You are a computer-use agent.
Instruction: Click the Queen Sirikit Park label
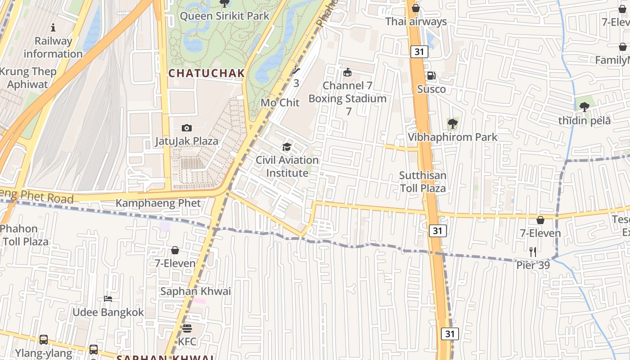coord(224,16)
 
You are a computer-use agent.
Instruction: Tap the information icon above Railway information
coord(53,28)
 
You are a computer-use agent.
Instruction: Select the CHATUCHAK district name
coord(207,73)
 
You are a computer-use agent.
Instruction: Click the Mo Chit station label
coord(280,103)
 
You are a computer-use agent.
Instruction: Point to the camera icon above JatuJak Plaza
coord(186,128)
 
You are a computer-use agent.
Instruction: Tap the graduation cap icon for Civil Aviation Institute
coord(287,147)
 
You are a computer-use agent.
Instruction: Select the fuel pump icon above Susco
coord(431,76)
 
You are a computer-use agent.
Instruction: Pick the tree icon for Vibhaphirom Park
coord(452,124)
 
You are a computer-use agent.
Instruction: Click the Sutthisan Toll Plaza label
coord(423,182)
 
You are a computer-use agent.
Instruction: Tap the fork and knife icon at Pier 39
coord(533,252)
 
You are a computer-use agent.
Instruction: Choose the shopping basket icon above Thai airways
coord(416,9)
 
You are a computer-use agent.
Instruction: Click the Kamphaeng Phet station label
coord(158,203)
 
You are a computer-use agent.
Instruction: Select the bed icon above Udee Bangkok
coord(108,299)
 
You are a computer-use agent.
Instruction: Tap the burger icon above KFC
coord(187,328)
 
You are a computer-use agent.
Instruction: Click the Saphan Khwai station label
coord(196,291)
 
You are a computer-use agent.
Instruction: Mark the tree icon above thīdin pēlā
coord(584,107)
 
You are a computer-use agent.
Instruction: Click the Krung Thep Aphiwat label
coord(28,78)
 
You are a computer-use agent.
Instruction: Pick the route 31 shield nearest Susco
coord(419,52)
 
